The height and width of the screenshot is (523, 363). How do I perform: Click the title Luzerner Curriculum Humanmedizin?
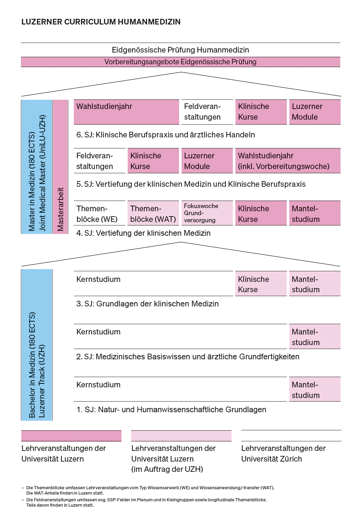pos(101,22)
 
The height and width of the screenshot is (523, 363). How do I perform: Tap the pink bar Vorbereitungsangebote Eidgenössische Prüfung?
pos(180,62)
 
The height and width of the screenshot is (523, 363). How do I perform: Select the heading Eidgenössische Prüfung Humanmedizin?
pos(180,50)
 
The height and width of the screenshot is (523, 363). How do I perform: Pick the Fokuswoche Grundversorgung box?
pos(207,213)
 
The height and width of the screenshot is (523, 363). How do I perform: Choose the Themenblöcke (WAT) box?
pos(153,213)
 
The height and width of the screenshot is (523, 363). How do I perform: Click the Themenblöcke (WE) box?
pos(99,213)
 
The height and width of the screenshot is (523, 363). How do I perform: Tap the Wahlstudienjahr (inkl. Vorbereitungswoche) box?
pos(288,161)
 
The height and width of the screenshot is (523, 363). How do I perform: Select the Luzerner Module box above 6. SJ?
pos(315,112)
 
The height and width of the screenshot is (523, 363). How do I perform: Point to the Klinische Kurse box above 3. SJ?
pos(261,284)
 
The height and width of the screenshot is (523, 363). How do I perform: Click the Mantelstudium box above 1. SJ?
pos(315,389)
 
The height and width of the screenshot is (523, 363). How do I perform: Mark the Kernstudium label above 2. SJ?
pos(98,332)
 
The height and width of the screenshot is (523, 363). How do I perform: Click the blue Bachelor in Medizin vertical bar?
pos(37,345)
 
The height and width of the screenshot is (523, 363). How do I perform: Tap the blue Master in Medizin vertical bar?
pos(37,167)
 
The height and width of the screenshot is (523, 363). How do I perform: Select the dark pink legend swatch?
pos(71,436)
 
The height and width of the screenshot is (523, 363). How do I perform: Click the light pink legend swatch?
pos(181,436)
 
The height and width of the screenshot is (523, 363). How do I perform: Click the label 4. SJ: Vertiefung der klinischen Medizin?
pos(143,233)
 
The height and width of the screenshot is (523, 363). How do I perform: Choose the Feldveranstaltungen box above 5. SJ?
pos(99,161)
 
